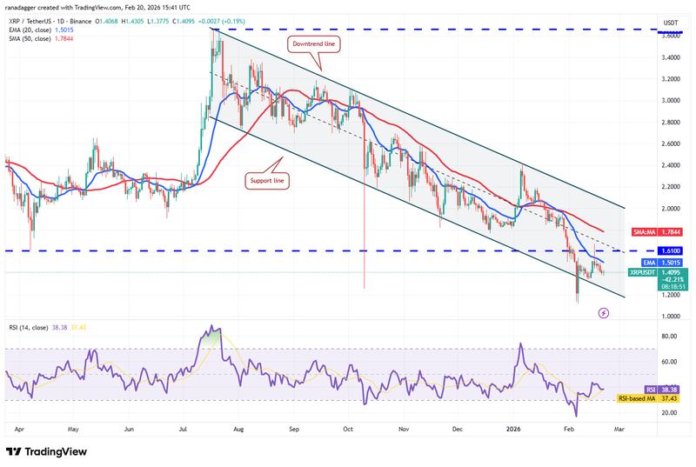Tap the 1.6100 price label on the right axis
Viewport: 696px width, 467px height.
[671, 250]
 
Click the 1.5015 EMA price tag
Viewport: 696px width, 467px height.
[671, 261]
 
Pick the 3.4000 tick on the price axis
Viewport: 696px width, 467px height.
[670, 57]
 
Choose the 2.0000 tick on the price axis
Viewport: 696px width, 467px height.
[670, 209]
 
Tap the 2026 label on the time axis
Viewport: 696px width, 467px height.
[513, 429]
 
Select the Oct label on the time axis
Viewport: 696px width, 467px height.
[348, 429]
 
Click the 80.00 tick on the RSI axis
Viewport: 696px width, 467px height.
[669, 336]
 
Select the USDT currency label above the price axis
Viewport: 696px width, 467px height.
[670, 23]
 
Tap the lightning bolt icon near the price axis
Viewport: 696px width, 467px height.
[604, 312]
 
